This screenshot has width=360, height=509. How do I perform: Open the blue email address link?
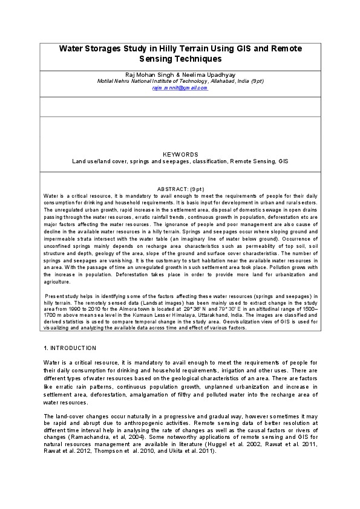click(180, 88)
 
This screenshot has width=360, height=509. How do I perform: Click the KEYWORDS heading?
click(180, 155)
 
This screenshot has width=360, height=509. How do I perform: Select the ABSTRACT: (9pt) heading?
click(180, 189)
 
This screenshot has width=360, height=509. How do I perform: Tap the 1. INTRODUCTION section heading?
click(70, 348)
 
